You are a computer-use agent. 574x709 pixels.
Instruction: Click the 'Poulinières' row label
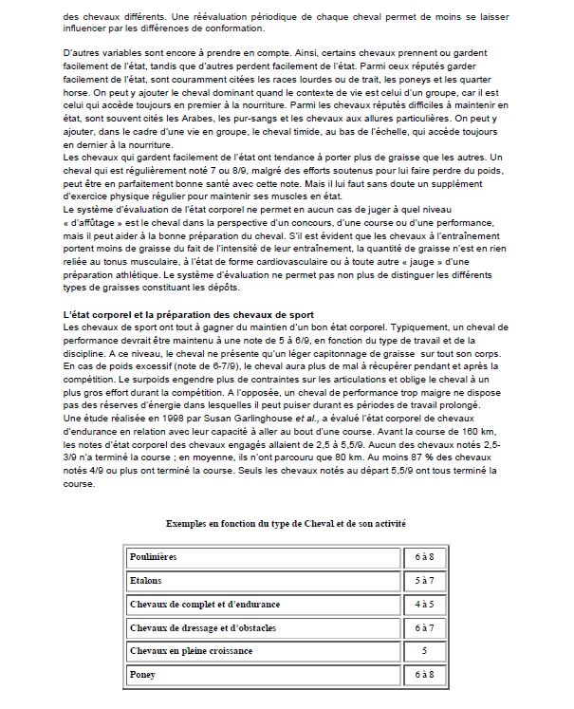click(153, 556)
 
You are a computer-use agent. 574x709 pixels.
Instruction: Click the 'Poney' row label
click(142, 674)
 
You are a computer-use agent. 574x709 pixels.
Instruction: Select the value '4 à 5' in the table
click(424, 604)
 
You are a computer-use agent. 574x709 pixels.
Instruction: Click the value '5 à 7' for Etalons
click(424, 579)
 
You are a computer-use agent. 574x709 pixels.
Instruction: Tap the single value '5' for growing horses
click(424, 651)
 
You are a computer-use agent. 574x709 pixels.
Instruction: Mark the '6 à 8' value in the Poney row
click(424, 674)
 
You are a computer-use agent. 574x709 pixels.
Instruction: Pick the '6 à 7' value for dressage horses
click(424, 627)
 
